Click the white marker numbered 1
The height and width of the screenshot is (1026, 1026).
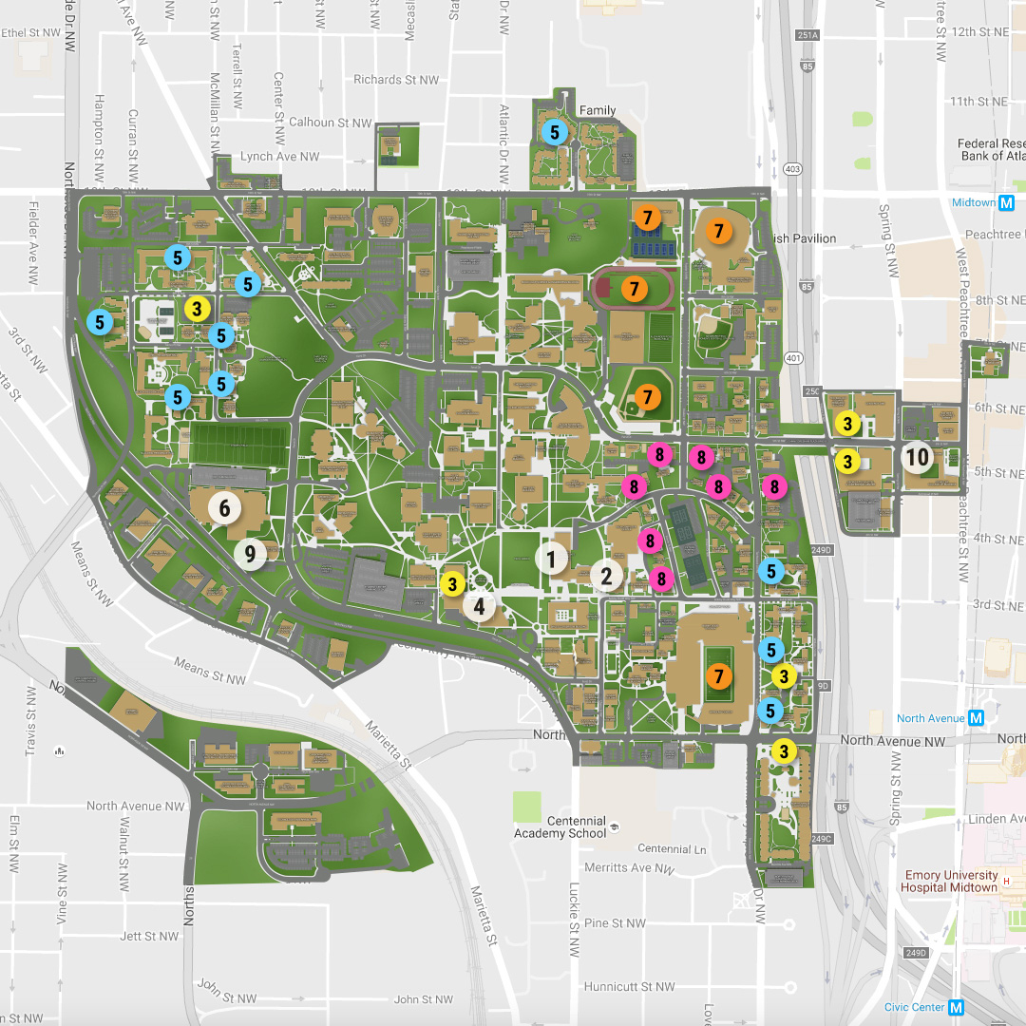click(x=551, y=558)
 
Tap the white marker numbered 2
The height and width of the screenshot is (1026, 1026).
click(x=606, y=574)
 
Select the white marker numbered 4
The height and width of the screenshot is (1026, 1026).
click(x=480, y=605)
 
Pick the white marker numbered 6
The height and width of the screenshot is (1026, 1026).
click(x=224, y=508)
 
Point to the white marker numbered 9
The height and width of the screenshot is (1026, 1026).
click(x=251, y=553)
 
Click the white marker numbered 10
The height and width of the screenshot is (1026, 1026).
click(x=917, y=458)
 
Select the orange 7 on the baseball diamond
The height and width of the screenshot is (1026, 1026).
click(x=648, y=395)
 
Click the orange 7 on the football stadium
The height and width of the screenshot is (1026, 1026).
click(x=719, y=676)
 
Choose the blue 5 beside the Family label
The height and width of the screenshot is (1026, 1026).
click(x=553, y=132)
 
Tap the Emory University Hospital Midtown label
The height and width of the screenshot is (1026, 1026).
click(x=951, y=881)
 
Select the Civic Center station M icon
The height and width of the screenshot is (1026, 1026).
click(x=956, y=1007)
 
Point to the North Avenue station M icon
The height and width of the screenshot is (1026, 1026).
click(x=976, y=718)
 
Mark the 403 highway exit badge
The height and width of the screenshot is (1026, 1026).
click(x=792, y=170)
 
